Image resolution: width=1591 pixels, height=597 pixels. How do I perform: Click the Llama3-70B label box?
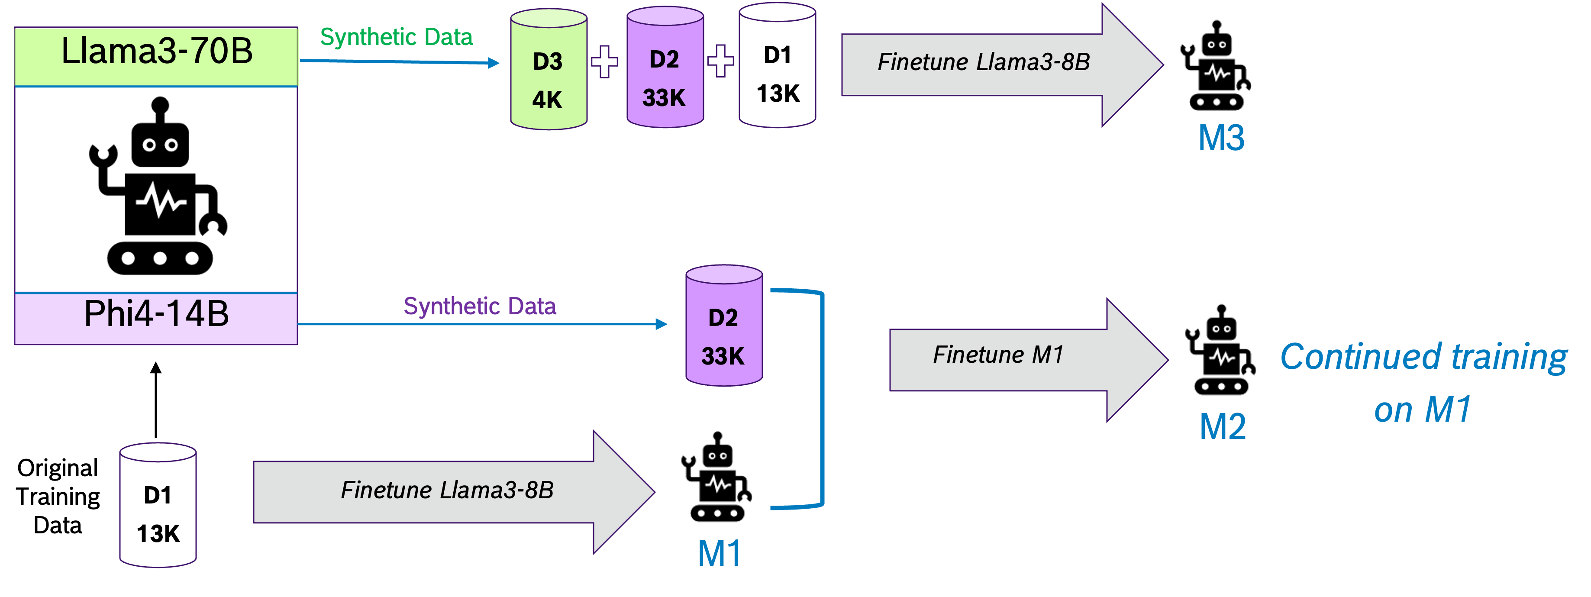[156, 56]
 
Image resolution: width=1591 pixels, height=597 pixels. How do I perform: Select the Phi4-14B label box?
[156, 318]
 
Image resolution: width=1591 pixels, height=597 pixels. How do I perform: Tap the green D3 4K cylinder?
[549, 69]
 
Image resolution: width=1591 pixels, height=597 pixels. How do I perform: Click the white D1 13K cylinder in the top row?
[777, 65]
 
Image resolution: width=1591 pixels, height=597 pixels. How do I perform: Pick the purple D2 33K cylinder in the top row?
[665, 67]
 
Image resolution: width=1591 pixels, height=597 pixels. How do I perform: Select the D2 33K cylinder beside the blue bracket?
[724, 326]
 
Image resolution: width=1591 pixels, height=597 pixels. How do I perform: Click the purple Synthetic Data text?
[480, 306]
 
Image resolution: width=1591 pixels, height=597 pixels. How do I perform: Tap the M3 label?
[1221, 138]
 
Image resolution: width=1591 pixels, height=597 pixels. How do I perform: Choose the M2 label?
[1222, 426]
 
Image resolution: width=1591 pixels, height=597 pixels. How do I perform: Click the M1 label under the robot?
[719, 553]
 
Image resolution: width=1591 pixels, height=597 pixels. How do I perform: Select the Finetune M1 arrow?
[1028, 360]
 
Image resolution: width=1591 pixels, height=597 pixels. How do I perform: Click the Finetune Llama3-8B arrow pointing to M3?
[1002, 65]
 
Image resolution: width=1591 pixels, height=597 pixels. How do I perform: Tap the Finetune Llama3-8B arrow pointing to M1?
[454, 492]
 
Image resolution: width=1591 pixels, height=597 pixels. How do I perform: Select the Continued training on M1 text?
[1423, 383]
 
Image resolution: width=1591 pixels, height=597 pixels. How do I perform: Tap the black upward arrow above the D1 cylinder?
[156, 400]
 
